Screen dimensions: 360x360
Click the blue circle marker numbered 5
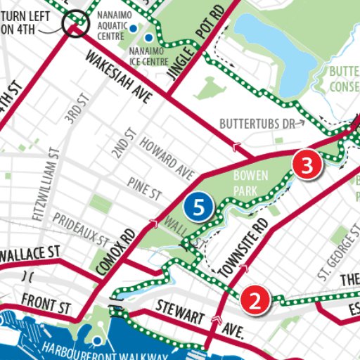(x=199, y=207)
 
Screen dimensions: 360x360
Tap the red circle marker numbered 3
(x=307, y=165)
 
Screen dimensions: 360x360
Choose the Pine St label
(x=144, y=188)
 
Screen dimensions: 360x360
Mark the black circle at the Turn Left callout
(x=74, y=26)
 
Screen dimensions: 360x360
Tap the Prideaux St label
(x=81, y=229)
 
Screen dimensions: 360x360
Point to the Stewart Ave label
(x=201, y=317)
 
